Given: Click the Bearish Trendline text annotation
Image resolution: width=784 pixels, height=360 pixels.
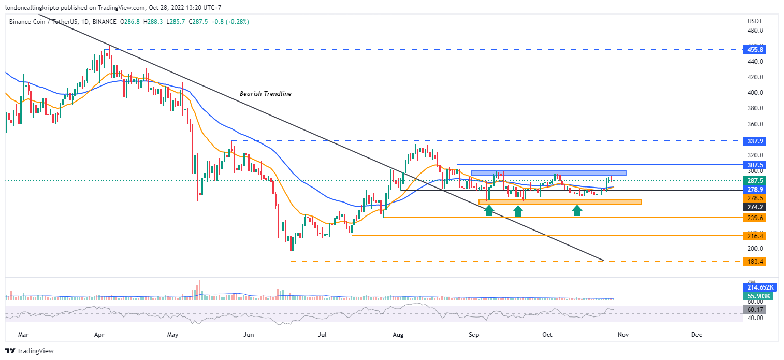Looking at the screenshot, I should tap(265, 94).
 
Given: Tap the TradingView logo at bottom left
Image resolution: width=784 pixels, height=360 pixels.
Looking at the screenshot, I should tap(30, 351).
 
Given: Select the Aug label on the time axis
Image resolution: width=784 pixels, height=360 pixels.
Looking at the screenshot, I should tap(398, 335).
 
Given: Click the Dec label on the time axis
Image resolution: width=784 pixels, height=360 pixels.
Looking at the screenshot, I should tap(696, 335).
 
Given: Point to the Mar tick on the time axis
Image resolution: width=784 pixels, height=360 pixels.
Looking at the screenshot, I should tap(23, 335).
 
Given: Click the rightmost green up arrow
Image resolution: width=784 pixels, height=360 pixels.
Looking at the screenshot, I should tap(577, 209).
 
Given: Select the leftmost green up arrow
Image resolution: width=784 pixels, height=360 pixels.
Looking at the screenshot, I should tap(489, 209).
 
